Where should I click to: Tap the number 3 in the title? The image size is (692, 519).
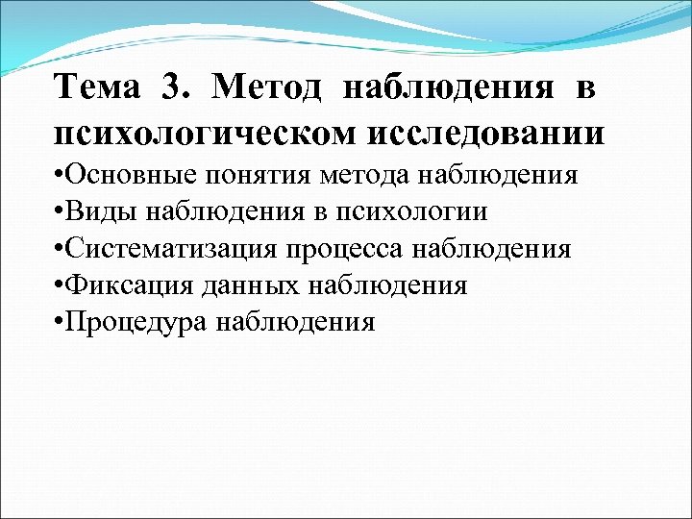point(174,88)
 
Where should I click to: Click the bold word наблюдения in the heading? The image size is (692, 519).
point(448,88)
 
